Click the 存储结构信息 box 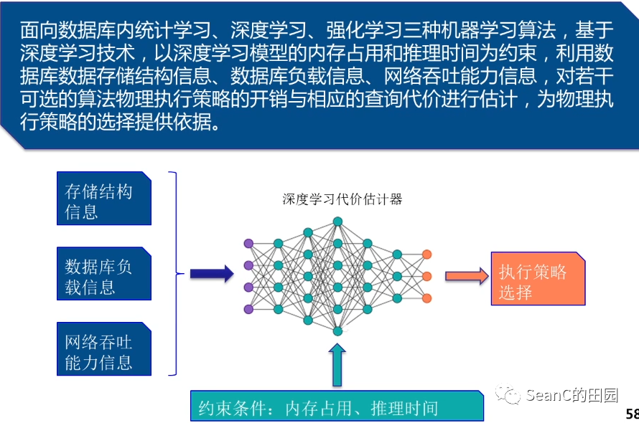click(104, 199)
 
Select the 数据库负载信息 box click(104, 274)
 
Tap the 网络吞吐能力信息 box click(104, 349)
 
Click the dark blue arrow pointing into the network click(212, 273)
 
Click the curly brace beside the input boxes click(173, 273)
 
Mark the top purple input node click(248, 243)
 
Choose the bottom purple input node click(248, 309)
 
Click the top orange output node click(426, 254)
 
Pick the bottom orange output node click(426, 298)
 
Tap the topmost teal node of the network click(337, 221)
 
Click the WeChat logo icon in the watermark click(512, 395)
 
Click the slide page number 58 click(632, 414)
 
